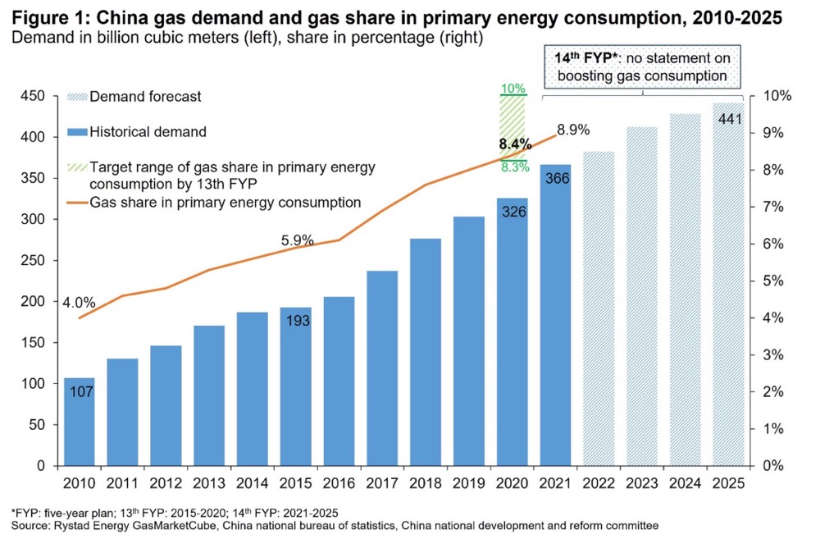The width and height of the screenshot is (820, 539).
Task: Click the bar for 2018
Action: click(x=425, y=352)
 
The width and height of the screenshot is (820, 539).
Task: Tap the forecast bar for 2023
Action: click(x=642, y=296)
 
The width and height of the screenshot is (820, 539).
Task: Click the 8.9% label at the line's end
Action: click(x=573, y=129)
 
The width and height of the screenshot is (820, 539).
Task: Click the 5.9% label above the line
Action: click(x=298, y=240)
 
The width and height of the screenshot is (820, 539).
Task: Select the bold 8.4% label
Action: click(x=515, y=144)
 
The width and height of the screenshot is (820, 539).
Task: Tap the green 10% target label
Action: click(x=513, y=89)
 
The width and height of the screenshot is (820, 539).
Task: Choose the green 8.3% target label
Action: click(x=513, y=169)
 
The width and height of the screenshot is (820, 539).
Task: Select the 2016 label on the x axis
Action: click(x=339, y=483)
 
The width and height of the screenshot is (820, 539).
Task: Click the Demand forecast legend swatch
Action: click(x=75, y=97)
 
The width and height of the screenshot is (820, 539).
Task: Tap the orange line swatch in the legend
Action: click(x=75, y=202)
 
